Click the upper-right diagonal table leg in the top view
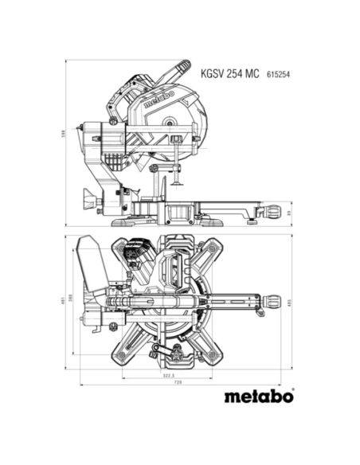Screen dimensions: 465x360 point(213,254)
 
